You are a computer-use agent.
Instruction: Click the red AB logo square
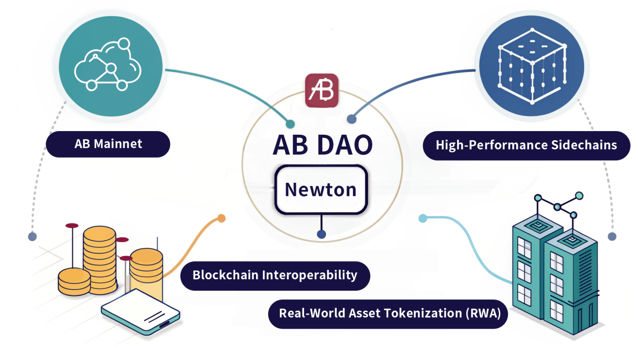pyautogui.click(x=322, y=91)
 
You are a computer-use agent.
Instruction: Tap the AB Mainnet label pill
pyautogui.click(x=108, y=144)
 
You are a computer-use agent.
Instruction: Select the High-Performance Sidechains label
pyautogui.click(x=526, y=145)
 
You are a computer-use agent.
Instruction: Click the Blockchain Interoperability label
pyautogui.click(x=275, y=275)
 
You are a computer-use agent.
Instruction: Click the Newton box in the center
pyautogui.click(x=321, y=190)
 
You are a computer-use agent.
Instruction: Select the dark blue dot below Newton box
pyautogui.click(x=321, y=234)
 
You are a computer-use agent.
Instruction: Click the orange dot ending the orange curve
pyautogui.click(x=221, y=218)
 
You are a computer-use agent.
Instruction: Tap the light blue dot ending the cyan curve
pyautogui.click(x=423, y=218)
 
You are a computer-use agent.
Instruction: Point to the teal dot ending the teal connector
pyautogui.click(x=290, y=124)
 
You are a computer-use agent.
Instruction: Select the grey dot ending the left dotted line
pyautogui.click(x=32, y=236)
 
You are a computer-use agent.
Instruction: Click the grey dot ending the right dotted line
pyautogui.click(x=612, y=236)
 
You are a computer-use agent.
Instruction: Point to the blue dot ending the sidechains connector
pyautogui.click(x=351, y=119)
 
